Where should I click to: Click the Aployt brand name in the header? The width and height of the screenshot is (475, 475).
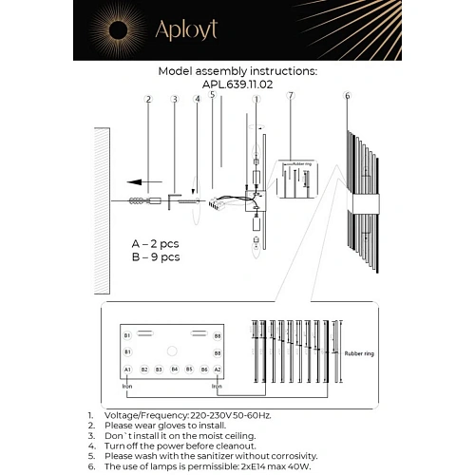pyautogui.click(x=188, y=29)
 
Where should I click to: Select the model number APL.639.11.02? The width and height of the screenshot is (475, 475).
pyautogui.click(x=237, y=84)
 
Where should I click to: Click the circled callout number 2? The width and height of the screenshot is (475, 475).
pyautogui.click(x=148, y=99)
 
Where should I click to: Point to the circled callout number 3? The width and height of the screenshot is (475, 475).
pyautogui.click(x=174, y=99)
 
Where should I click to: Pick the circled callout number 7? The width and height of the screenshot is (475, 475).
pyautogui.click(x=291, y=96)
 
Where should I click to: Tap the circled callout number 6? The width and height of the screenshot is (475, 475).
pyautogui.click(x=348, y=96)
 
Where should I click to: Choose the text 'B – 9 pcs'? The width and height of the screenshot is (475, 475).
pyautogui.click(x=156, y=256)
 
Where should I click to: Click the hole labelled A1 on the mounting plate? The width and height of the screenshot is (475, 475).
pyautogui.click(x=127, y=369)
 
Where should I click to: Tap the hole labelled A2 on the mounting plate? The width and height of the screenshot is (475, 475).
pyautogui.click(x=217, y=369)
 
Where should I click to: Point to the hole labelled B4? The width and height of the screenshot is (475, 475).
pyautogui.click(x=175, y=369)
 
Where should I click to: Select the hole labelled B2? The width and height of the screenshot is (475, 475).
pyautogui.click(x=144, y=369)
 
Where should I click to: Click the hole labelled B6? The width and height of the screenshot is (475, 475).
pyautogui.click(x=204, y=369)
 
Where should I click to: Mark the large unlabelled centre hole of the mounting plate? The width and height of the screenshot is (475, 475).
pyautogui.click(x=172, y=351)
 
